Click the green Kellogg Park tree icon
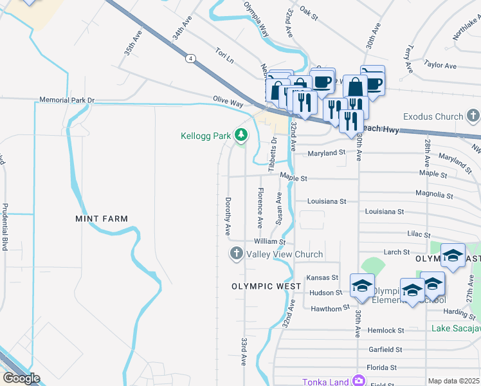(x=241, y=135)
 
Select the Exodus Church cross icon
(x=473, y=116)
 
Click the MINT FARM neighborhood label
(x=101, y=219)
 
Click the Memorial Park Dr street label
(x=67, y=100)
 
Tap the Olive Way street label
(x=228, y=102)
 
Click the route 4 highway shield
(x=191, y=59)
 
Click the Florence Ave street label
(x=260, y=208)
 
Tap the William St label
(x=269, y=241)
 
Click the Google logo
(x=21, y=378)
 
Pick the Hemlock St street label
(x=385, y=330)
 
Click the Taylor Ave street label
(x=440, y=66)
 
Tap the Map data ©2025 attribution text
(x=453, y=381)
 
